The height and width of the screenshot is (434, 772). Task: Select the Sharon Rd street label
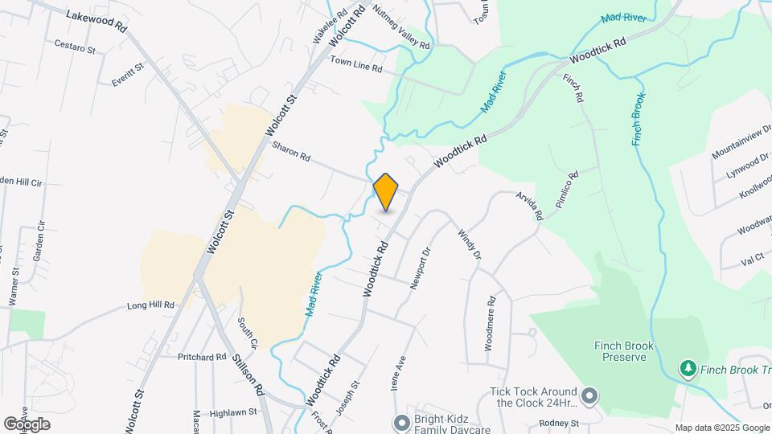pos(291,152)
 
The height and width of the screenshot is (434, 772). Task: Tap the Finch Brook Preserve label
pos(624,351)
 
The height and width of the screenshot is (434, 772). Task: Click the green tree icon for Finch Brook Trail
pos(688,369)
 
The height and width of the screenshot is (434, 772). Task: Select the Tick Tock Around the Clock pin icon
pos(589,396)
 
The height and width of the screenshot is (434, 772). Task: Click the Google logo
pos(27,424)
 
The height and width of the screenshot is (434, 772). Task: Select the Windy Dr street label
pos(469,244)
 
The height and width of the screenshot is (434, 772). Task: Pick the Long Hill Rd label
pos(150,305)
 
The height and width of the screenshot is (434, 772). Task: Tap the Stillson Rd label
pos(250,375)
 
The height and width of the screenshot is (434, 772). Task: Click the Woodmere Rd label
pos(490,321)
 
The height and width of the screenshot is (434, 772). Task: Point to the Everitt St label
pos(127,73)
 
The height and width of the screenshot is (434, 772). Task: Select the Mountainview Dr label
pos(741,141)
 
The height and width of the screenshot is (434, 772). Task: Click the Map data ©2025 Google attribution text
pos(722,428)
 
